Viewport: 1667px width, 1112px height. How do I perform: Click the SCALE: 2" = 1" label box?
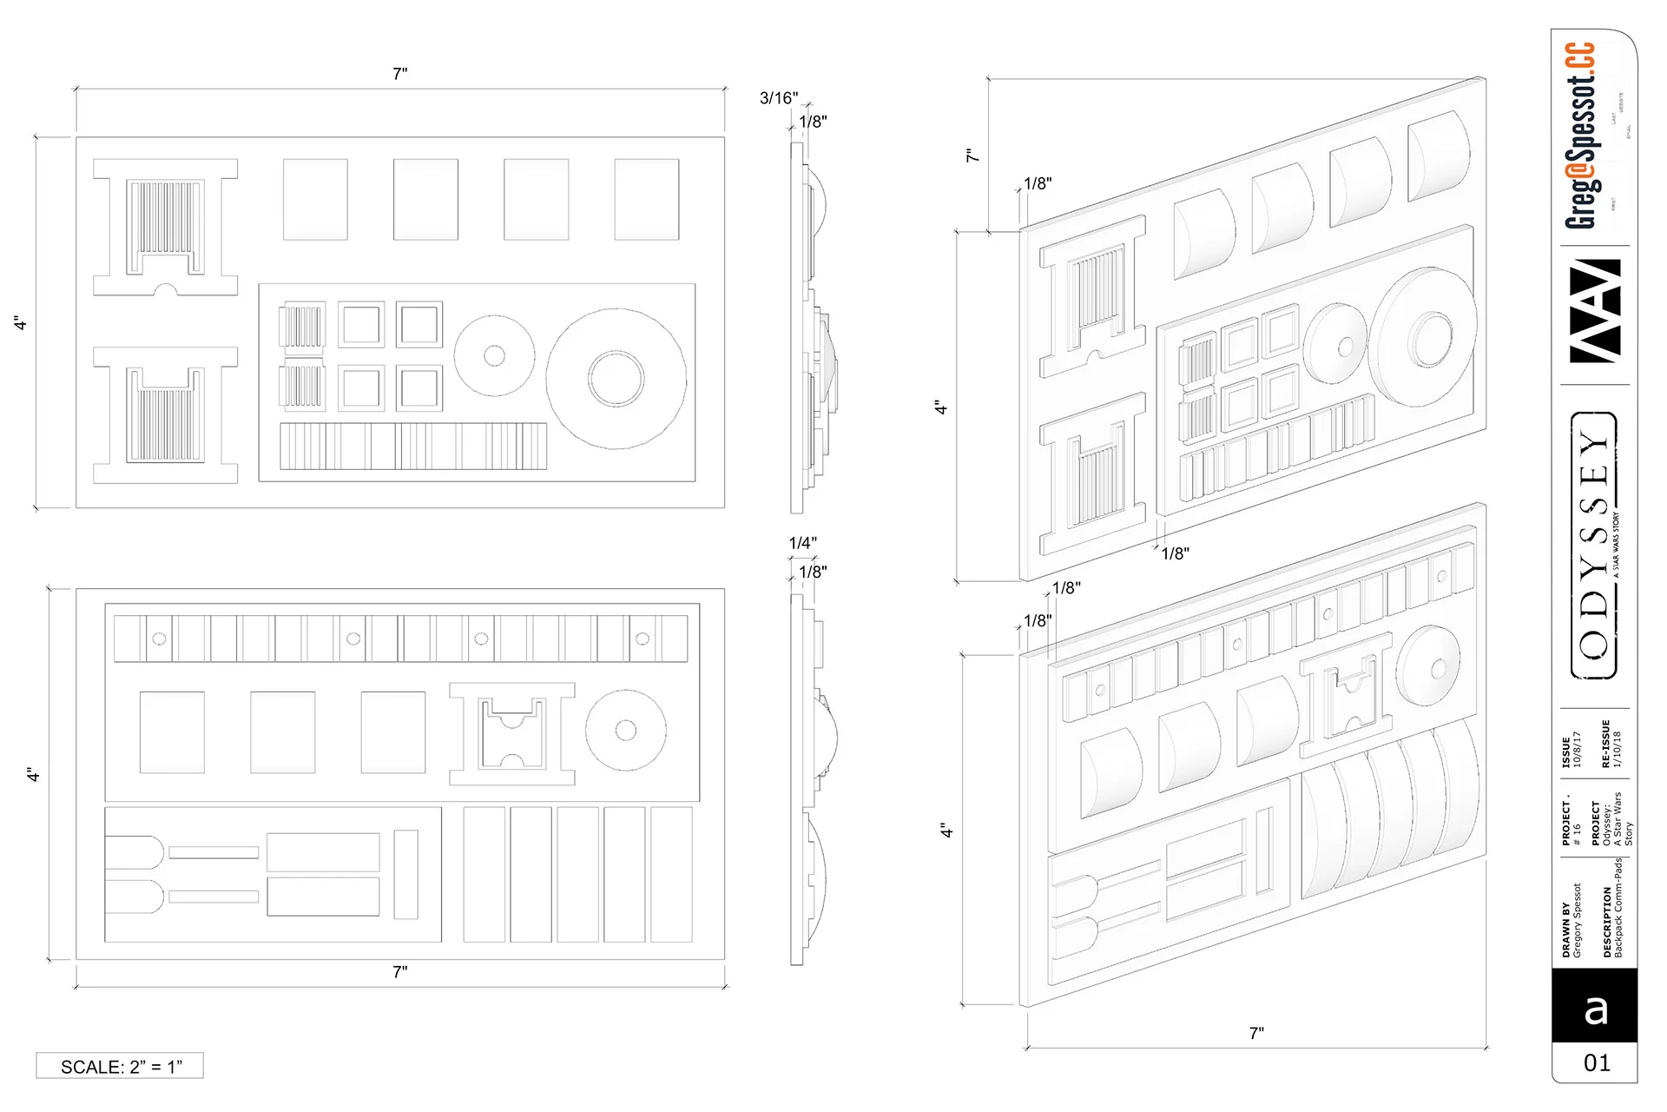120,1066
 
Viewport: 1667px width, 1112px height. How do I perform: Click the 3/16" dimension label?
778,98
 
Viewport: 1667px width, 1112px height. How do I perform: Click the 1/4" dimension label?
802,543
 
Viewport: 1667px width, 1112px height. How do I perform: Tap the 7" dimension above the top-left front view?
400,74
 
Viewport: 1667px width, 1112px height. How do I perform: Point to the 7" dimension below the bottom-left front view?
400,972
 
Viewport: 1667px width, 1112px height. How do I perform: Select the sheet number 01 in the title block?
1597,1063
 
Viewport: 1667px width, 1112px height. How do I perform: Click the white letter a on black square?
1596,1009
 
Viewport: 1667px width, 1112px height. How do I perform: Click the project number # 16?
1578,825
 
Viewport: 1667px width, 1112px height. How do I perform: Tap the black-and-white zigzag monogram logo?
1596,310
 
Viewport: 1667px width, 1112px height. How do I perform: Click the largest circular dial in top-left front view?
616,379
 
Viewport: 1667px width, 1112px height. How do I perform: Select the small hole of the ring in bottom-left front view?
625,730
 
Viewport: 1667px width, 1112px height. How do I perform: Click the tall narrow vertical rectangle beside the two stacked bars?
405,874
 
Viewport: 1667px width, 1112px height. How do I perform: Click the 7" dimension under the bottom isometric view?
1256,1033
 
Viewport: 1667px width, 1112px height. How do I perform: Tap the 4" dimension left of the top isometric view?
940,407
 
